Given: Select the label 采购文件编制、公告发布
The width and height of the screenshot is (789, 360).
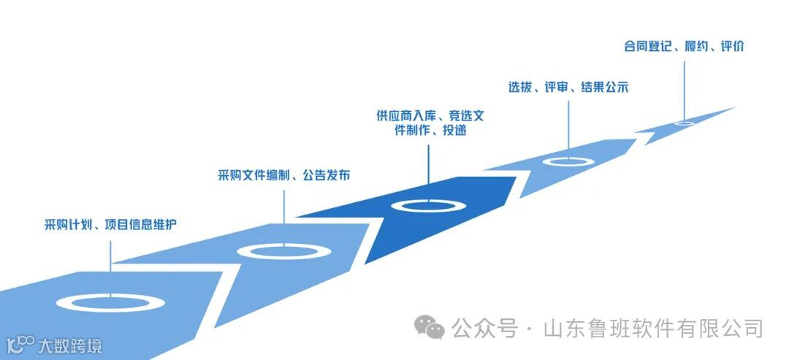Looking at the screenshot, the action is tap(283, 175).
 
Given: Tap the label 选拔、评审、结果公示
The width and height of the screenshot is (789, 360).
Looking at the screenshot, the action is tap(568, 87).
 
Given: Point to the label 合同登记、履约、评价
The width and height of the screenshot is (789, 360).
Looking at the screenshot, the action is tap(684, 47).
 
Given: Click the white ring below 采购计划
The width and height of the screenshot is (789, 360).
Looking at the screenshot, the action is tap(110, 301).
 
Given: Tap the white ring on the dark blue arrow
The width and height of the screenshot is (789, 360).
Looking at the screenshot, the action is tap(429, 205).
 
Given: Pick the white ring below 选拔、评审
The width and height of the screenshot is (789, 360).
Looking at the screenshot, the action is tap(568, 161).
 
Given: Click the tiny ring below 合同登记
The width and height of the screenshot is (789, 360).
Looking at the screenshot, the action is tap(685, 123).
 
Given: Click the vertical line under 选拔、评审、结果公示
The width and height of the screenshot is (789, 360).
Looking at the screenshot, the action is tap(568, 124).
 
